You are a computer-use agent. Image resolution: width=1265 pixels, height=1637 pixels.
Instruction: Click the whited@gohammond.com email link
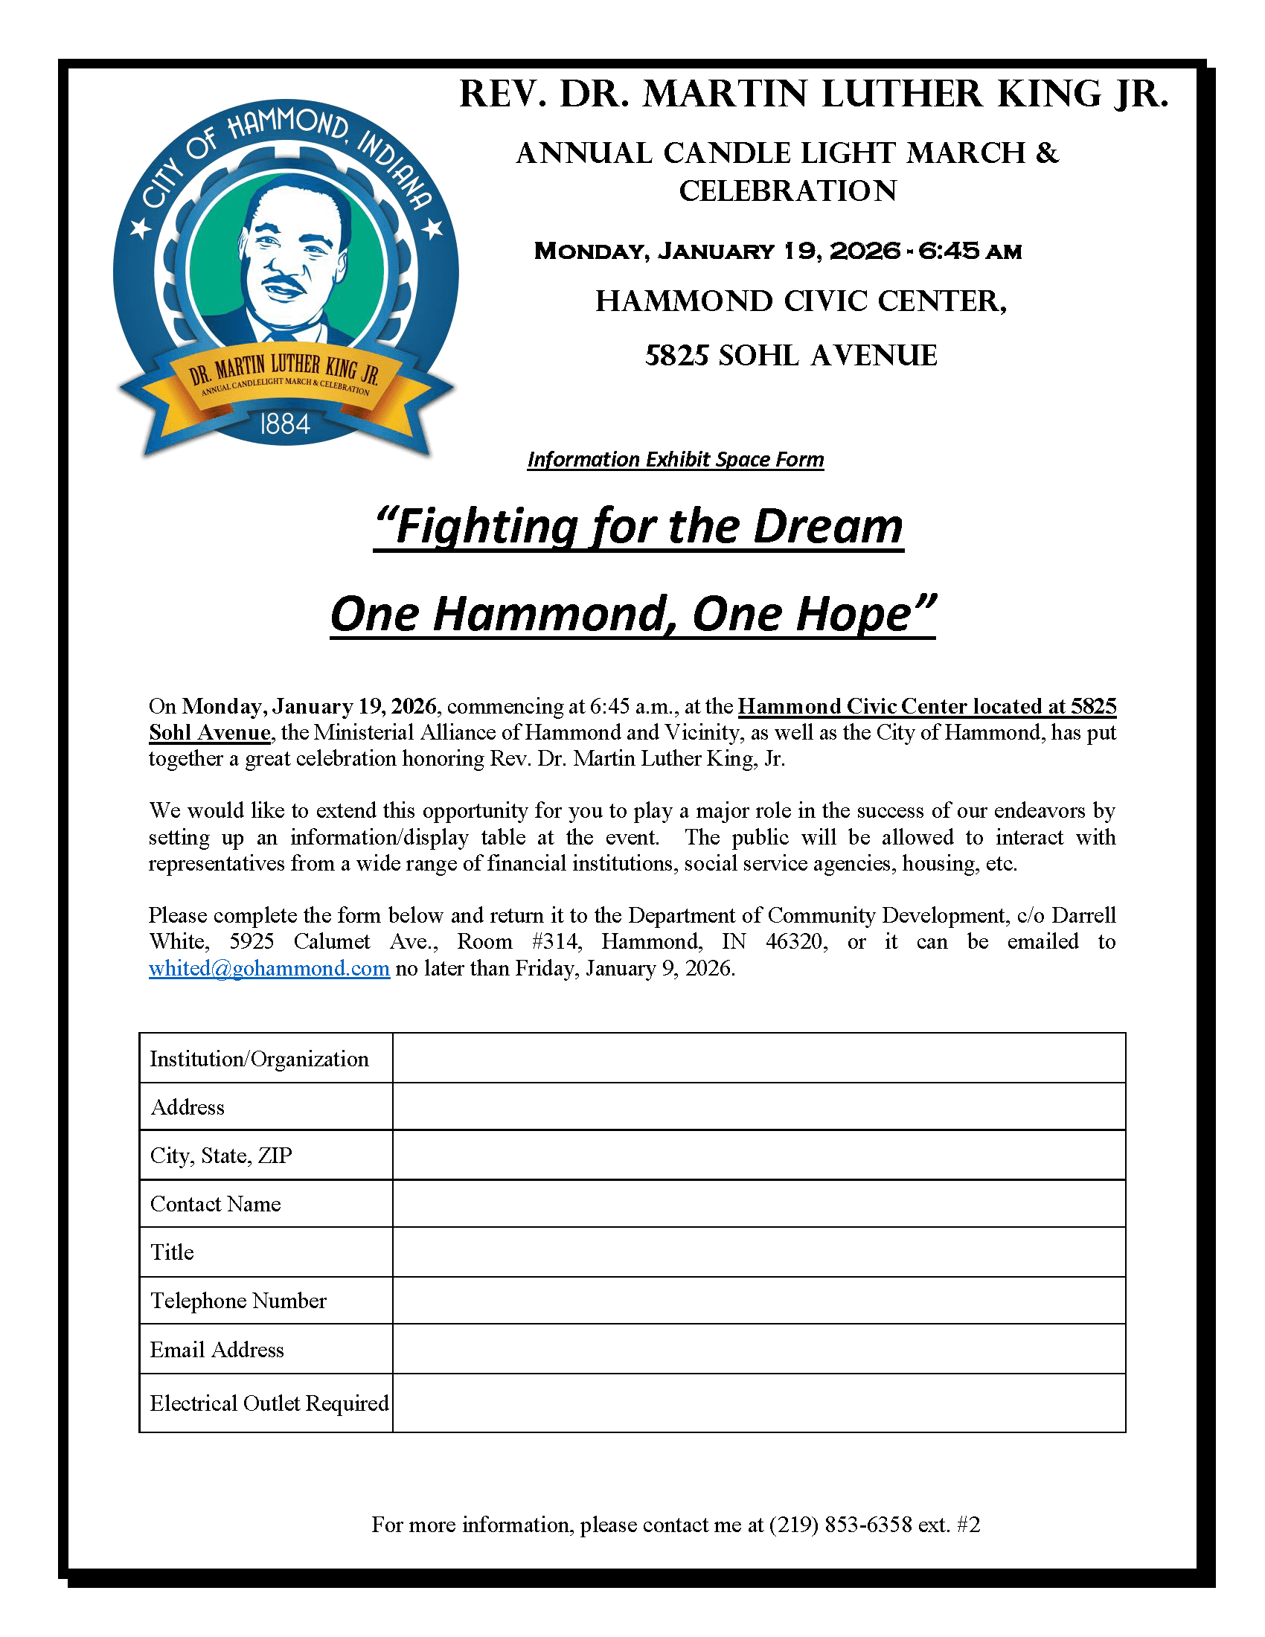point(269,968)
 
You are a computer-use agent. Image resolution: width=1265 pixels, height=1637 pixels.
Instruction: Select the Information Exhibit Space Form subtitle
point(675,459)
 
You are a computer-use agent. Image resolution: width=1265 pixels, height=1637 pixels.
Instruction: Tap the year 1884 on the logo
point(285,425)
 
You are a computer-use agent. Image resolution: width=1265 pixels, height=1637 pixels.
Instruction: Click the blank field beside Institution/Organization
point(758,1057)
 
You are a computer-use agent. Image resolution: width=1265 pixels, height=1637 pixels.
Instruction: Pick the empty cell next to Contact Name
point(758,1203)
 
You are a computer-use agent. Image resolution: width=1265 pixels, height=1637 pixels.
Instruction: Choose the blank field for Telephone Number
point(758,1300)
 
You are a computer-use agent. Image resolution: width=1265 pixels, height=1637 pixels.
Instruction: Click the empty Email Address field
point(758,1349)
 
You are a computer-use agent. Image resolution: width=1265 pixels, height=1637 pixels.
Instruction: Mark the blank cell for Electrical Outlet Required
point(758,1403)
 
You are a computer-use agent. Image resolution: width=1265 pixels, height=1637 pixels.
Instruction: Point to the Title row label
point(173,1252)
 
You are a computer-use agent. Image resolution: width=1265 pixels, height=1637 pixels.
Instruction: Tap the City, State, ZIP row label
point(221,1155)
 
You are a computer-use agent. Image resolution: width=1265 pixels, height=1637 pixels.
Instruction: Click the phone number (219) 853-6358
point(840,1525)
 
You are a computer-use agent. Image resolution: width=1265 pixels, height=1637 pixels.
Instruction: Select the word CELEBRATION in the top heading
point(787,191)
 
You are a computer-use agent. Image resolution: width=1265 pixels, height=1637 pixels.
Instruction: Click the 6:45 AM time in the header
point(970,251)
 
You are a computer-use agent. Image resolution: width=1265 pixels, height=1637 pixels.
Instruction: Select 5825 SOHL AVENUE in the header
point(790,355)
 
